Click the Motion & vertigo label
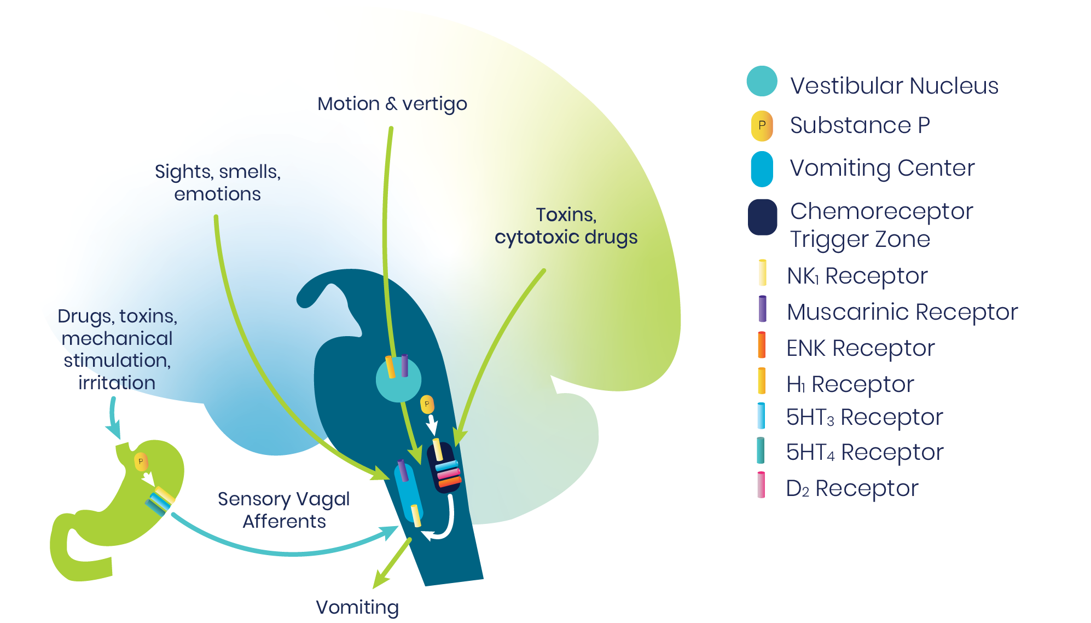click(x=392, y=103)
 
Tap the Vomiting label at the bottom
click(x=357, y=607)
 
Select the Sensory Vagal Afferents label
click(x=283, y=510)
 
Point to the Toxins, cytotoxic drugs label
click(x=566, y=226)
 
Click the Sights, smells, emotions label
click(x=218, y=182)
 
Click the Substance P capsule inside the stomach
click(x=141, y=462)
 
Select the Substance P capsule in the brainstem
click(x=427, y=405)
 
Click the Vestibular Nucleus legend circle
click(x=762, y=82)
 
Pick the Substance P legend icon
click(x=762, y=125)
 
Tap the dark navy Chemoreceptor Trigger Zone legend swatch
click(x=762, y=217)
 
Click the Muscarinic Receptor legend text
click(x=902, y=311)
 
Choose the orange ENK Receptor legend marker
click(x=761, y=345)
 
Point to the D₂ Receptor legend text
click(x=852, y=488)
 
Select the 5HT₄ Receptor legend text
click(x=864, y=452)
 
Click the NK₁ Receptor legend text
click(x=857, y=275)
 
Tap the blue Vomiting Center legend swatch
click(x=762, y=169)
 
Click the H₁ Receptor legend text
click(x=850, y=384)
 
